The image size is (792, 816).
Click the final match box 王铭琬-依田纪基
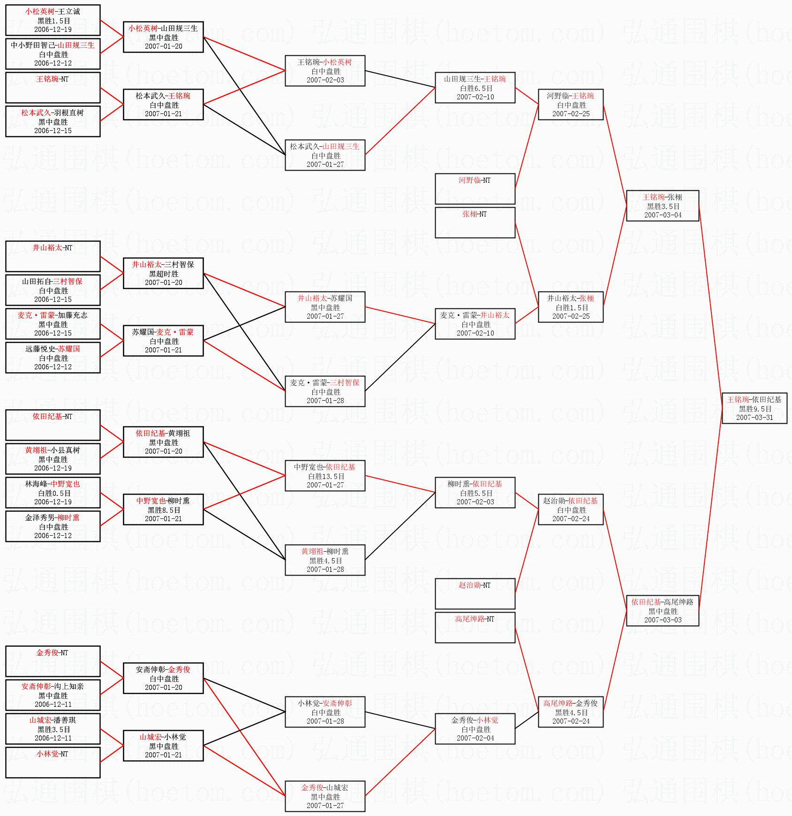coord(754,408)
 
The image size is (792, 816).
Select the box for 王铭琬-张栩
coord(663,206)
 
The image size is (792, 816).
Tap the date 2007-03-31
coord(754,418)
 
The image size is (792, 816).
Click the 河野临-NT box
coord(475,189)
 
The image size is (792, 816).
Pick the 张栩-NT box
coord(475,223)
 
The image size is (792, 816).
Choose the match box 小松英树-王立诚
coord(53,20)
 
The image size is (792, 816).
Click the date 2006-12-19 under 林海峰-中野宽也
coord(53,502)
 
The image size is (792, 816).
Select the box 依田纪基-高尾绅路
coord(663,611)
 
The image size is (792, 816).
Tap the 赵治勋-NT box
coord(475,594)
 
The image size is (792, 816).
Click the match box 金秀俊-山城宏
coord(325,796)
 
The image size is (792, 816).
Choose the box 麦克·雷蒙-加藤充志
coord(53,324)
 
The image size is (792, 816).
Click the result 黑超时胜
coord(164,274)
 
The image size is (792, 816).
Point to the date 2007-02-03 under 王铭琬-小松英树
coord(325,80)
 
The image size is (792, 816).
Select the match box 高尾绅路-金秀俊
coord(571,712)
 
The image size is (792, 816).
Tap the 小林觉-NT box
coord(53,763)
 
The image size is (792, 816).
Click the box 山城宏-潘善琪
coord(53,729)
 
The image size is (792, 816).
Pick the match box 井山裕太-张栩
coord(571,307)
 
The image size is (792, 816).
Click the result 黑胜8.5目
coord(164,510)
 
